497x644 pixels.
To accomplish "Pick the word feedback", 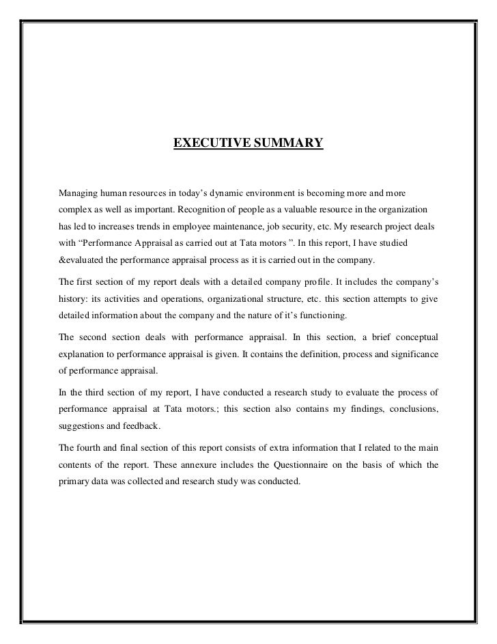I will (x=141, y=427).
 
